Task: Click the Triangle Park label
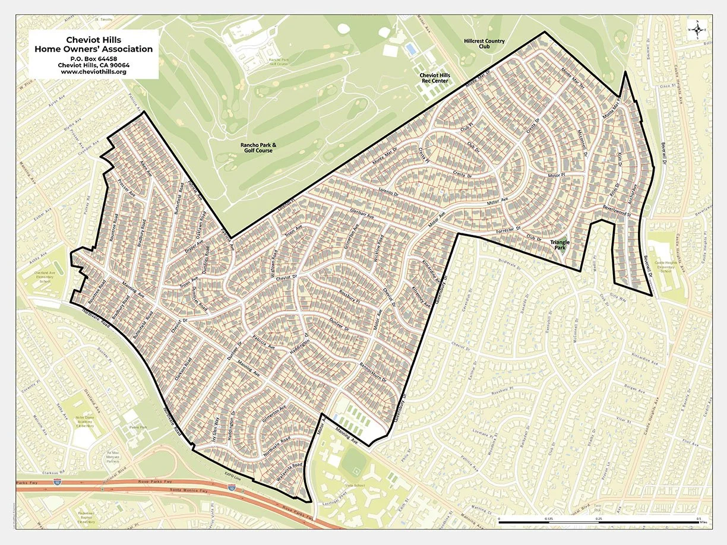point(560,245)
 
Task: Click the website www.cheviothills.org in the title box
point(93,72)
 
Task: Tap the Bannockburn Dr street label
point(372,371)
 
